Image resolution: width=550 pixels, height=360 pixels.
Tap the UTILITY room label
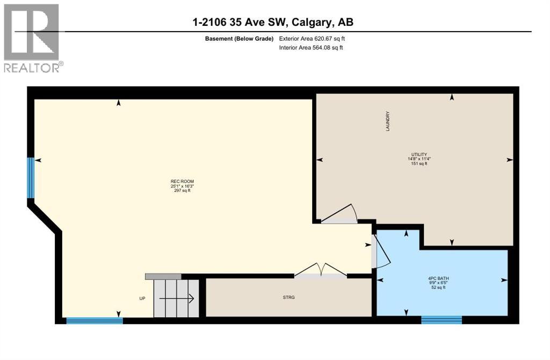pyautogui.click(x=419, y=154)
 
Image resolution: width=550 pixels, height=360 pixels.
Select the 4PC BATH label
pyautogui.click(x=437, y=278)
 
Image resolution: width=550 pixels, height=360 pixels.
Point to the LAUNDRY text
pyautogui.click(x=387, y=121)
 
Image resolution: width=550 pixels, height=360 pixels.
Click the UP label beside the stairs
pyautogui.click(x=142, y=299)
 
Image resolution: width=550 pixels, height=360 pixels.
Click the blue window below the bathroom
pyautogui.click(x=441, y=320)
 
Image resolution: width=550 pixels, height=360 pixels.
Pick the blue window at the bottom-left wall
pyautogui.click(x=95, y=321)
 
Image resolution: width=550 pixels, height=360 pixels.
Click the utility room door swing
pyautogui.click(x=339, y=214)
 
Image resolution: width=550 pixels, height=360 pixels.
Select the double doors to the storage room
pyautogui.click(x=321, y=270)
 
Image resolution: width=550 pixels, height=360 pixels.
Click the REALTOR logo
pyautogui.click(x=32, y=38)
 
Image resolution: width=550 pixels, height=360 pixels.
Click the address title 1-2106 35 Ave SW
pyautogui.click(x=273, y=22)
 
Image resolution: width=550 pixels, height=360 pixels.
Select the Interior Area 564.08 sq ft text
pyautogui.click(x=311, y=48)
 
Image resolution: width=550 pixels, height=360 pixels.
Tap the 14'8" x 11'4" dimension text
pyautogui.click(x=419, y=159)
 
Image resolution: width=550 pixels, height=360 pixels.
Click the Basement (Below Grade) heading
pyautogui.click(x=239, y=39)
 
